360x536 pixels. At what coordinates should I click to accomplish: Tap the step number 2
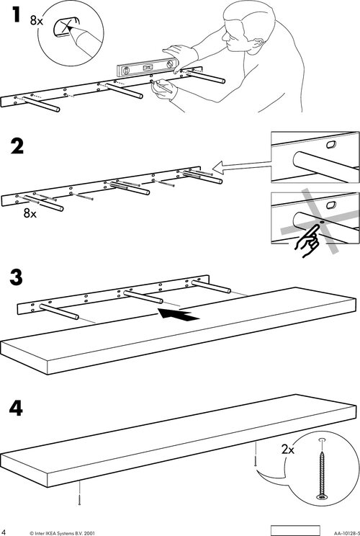(x=17, y=147)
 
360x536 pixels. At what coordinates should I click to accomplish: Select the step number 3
(x=16, y=277)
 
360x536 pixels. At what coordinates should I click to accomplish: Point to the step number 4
(x=16, y=408)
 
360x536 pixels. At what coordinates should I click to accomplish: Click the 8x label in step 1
(x=37, y=20)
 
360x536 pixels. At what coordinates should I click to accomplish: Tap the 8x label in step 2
(x=30, y=214)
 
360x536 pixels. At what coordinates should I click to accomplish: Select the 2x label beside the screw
(x=288, y=449)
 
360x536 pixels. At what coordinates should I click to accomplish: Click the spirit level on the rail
(x=146, y=68)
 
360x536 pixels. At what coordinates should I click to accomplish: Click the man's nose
(x=225, y=37)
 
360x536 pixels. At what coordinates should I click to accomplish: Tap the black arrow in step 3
(x=179, y=315)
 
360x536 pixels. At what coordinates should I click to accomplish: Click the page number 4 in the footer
(x=4, y=532)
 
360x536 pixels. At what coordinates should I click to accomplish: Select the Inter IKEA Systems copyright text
(x=62, y=533)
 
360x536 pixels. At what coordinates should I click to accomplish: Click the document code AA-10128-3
(x=346, y=533)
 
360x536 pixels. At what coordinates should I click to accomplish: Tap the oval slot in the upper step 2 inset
(x=331, y=144)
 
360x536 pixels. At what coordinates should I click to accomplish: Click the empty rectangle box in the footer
(x=295, y=530)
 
